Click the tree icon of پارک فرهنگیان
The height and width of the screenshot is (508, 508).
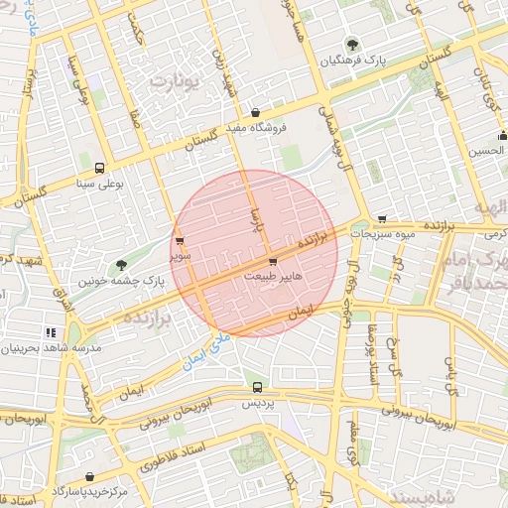tap(350, 44)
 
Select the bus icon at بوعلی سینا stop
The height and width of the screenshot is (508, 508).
tap(98, 168)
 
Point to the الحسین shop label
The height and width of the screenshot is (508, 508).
tap(488, 151)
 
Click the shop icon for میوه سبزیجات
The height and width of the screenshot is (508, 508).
tap(382, 218)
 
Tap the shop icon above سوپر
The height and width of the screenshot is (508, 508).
tap(179, 240)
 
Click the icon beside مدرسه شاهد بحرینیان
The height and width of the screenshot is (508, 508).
tap(51, 332)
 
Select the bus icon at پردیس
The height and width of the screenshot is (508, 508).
tap(258, 388)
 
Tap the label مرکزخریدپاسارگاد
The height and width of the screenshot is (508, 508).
tap(90, 492)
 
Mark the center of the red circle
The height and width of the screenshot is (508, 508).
tap(254, 254)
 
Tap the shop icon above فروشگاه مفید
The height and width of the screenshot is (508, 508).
tap(256, 112)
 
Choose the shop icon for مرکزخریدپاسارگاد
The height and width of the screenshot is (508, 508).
tap(90, 477)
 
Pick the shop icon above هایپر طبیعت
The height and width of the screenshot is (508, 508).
tap(273, 262)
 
